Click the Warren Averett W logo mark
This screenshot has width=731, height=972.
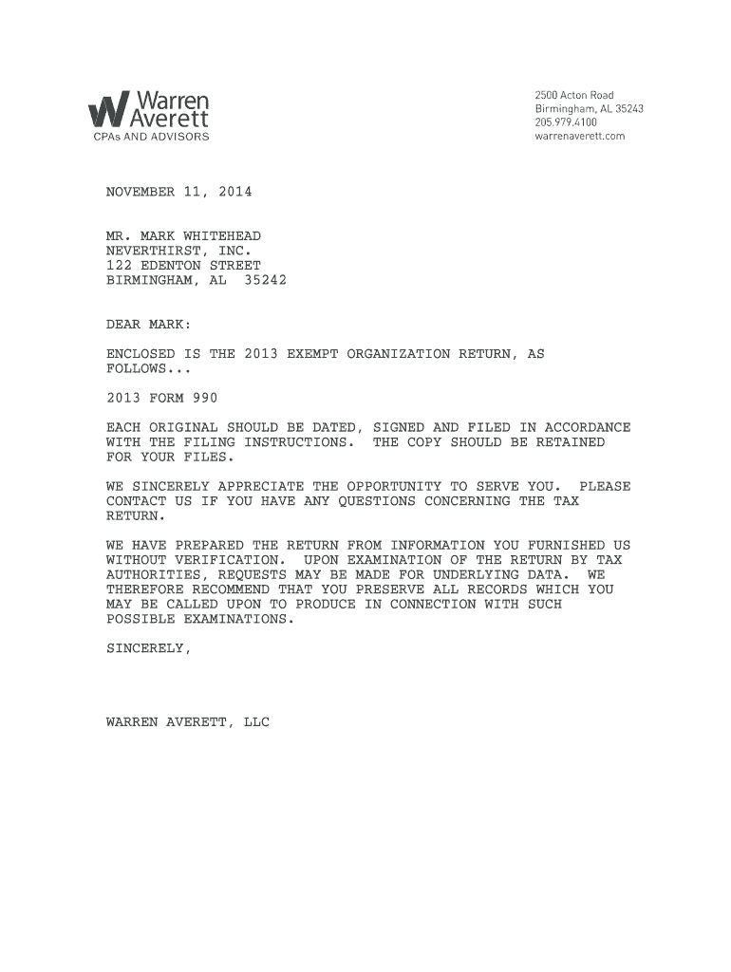click(x=106, y=110)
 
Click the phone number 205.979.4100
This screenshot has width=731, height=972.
click(x=566, y=122)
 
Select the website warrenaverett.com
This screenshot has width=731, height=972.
click(x=579, y=136)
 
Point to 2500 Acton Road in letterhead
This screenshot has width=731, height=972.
click(x=573, y=95)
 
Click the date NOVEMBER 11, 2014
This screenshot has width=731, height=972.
click(x=178, y=192)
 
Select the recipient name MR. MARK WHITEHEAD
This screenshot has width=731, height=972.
click(x=183, y=235)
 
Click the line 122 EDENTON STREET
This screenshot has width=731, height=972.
click(x=183, y=266)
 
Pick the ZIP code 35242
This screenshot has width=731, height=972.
click(x=265, y=281)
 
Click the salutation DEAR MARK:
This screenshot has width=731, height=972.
click(x=148, y=325)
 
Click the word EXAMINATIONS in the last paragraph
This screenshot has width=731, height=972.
click(x=234, y=619)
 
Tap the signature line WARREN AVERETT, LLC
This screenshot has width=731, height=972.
click(x=187, y=722)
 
